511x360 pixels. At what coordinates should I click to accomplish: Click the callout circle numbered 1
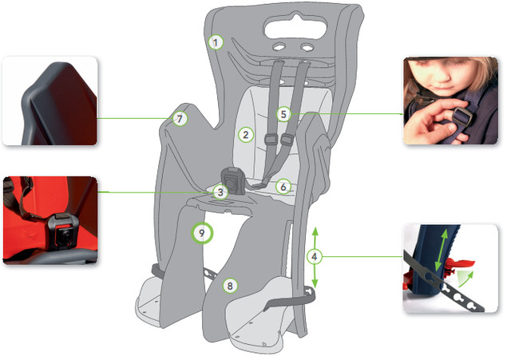click(x=216, y=42)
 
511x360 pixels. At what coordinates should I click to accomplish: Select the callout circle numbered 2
click(x=246, y=135)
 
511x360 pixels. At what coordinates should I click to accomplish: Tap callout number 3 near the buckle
click(x=220, y=192)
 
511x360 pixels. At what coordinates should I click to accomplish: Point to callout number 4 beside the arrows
click(x=315, y=257)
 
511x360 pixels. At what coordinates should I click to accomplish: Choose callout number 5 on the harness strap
click(x=283, y=114)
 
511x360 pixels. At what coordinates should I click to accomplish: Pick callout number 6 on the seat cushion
click(x=283, y=187)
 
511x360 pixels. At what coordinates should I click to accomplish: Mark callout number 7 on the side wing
click(x=180, y=119)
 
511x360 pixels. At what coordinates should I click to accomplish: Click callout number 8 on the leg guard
click(x=230, y=286)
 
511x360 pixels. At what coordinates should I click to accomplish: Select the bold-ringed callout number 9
click(x=202, y=233)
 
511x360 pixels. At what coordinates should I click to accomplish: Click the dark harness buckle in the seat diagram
click(x=232, y=180)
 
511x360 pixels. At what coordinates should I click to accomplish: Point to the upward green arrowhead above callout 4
click(x=315, y=231)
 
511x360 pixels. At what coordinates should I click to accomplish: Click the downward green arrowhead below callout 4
click(x=315, y=283)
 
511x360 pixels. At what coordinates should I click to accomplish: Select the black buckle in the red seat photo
click(x=63, y=231)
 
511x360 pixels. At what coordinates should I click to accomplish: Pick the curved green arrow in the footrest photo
click(x=466, y=279)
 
